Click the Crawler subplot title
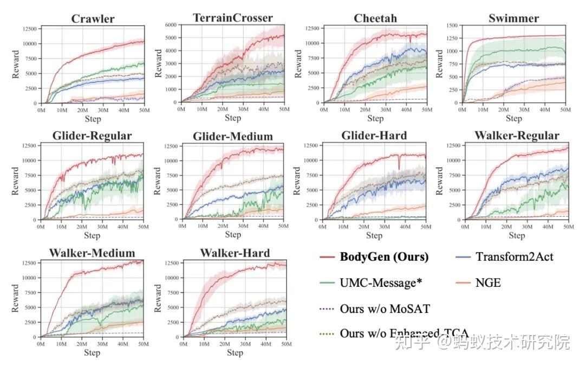(93, 19)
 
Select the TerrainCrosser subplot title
(233, 18)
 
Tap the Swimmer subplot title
(513, 18)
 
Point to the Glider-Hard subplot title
(374, 136)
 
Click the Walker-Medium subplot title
(92, 253)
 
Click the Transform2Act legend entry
(514, 257)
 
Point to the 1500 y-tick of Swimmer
(451, 25)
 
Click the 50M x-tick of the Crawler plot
(144, 110)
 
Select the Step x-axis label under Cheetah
(375, 118)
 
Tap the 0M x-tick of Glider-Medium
(183, 227)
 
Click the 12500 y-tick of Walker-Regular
(451, 145)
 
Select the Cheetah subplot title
(375, 18)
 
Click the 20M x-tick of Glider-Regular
(82, 227)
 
